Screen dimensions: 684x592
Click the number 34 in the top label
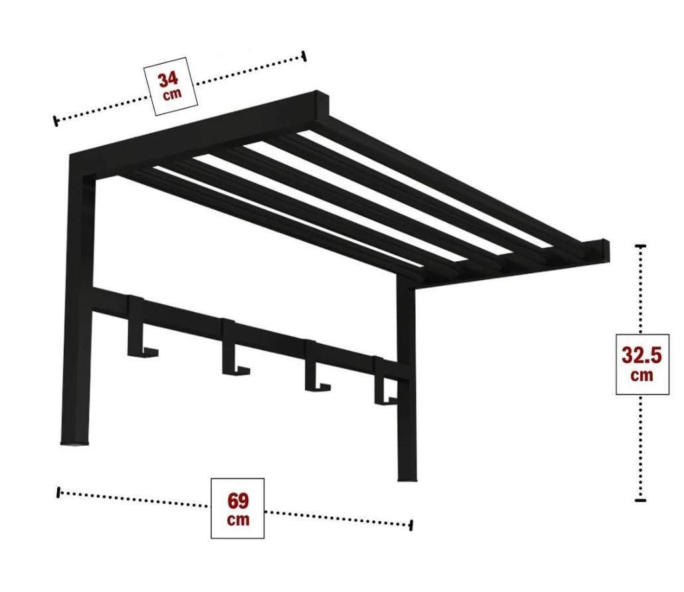coord(169,80)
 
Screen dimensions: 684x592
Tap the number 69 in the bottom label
coord(238,501)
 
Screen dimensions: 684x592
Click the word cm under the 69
coord(238,520)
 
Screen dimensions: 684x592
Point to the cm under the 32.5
coord(641,375)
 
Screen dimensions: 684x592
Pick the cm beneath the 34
coord(172,95)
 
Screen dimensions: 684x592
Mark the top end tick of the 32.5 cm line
coord(640,247)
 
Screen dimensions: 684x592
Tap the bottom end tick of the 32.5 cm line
coord(640,500)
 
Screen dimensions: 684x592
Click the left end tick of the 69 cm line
coord(58,492)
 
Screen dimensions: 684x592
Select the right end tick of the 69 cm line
coord(411,525)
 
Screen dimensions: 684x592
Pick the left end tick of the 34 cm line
coord(55,121)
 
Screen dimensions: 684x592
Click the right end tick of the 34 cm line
coord(304,56)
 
